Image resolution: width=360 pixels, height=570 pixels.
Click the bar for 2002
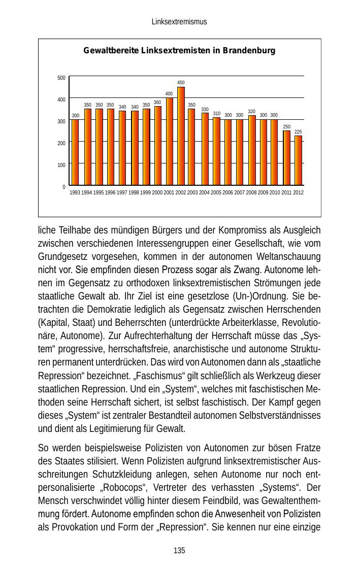pyautogui.click(x=181, y=136)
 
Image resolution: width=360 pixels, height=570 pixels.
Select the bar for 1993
pyautogui.click(x=75, y=152)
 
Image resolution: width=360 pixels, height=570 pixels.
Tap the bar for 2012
pyautogui.click(x=298, y=160)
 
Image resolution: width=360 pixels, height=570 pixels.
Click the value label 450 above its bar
pyautogui.click(x=181, y=83)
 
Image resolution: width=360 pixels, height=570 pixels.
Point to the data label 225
pyautogui.click(x=299, y=131)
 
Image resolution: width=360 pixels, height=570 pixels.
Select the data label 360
pyautogui.click(x=157, y=103)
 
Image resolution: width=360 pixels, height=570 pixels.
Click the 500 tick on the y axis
pyautogui.click(x=61, y=78)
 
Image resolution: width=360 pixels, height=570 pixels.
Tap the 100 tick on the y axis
pyautogui.click(x=61, y=165)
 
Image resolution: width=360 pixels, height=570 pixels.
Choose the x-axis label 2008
pyautogui.click(x=251, y=193)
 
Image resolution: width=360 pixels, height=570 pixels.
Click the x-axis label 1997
pyautogui.click(x=122, y=193)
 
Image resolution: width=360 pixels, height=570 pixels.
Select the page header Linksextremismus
pyautogui.click(x=179, y=22)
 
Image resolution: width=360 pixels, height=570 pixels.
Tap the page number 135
pyautogui.click(x=179, y=551)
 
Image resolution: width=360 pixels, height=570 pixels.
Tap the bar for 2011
pyautogui.click(x=286, y=158)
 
